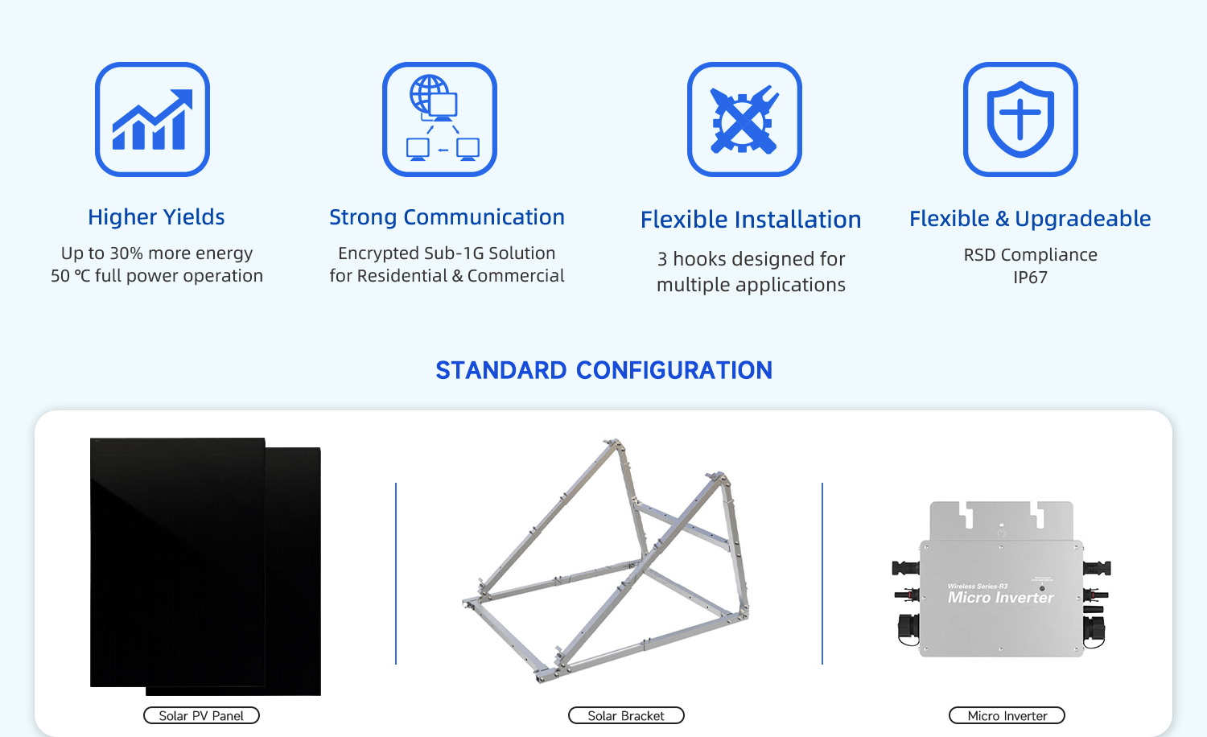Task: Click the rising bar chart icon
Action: pos(153,119)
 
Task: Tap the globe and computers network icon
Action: pos(439,119)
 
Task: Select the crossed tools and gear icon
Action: pos(744,119)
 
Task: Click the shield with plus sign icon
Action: pos(1020,119)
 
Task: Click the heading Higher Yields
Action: pos(156,217)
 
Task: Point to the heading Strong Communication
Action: pos(447,217)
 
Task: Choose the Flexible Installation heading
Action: pos(751,220)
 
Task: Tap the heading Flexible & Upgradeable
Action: pos(1030,219)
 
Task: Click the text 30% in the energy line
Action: pos(127,253)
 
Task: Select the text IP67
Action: pos(1030,278)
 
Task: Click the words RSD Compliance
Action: pos(1030,255)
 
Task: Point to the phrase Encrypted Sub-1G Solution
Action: pos(447,253)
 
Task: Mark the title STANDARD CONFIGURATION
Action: pos(604,371)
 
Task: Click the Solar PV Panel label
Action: pos(201,715)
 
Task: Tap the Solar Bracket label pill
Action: pos(626,715)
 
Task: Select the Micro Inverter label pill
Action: pos(1007,715)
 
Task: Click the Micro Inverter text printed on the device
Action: pos(1001,598)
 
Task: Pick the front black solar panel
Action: pos(177,562)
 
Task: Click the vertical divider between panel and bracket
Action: pos(396,573)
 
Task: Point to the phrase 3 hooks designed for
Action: pos(751,259)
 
